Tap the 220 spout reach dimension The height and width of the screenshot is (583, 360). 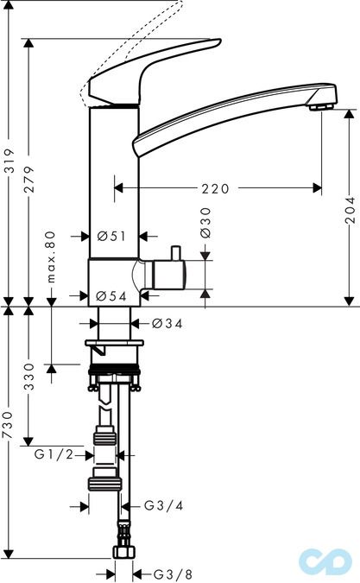coord(216,188)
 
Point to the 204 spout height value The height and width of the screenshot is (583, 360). coord(350,210)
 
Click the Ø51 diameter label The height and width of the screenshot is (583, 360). coord(111,236)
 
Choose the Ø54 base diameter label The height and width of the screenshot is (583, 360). coord(111,295)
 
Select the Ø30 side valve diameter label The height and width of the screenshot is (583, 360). coord(205,223)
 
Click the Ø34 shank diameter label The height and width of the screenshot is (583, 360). coord(167,324)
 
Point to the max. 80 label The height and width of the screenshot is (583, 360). coord(51,257)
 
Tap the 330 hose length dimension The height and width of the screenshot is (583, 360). coord(29,377)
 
